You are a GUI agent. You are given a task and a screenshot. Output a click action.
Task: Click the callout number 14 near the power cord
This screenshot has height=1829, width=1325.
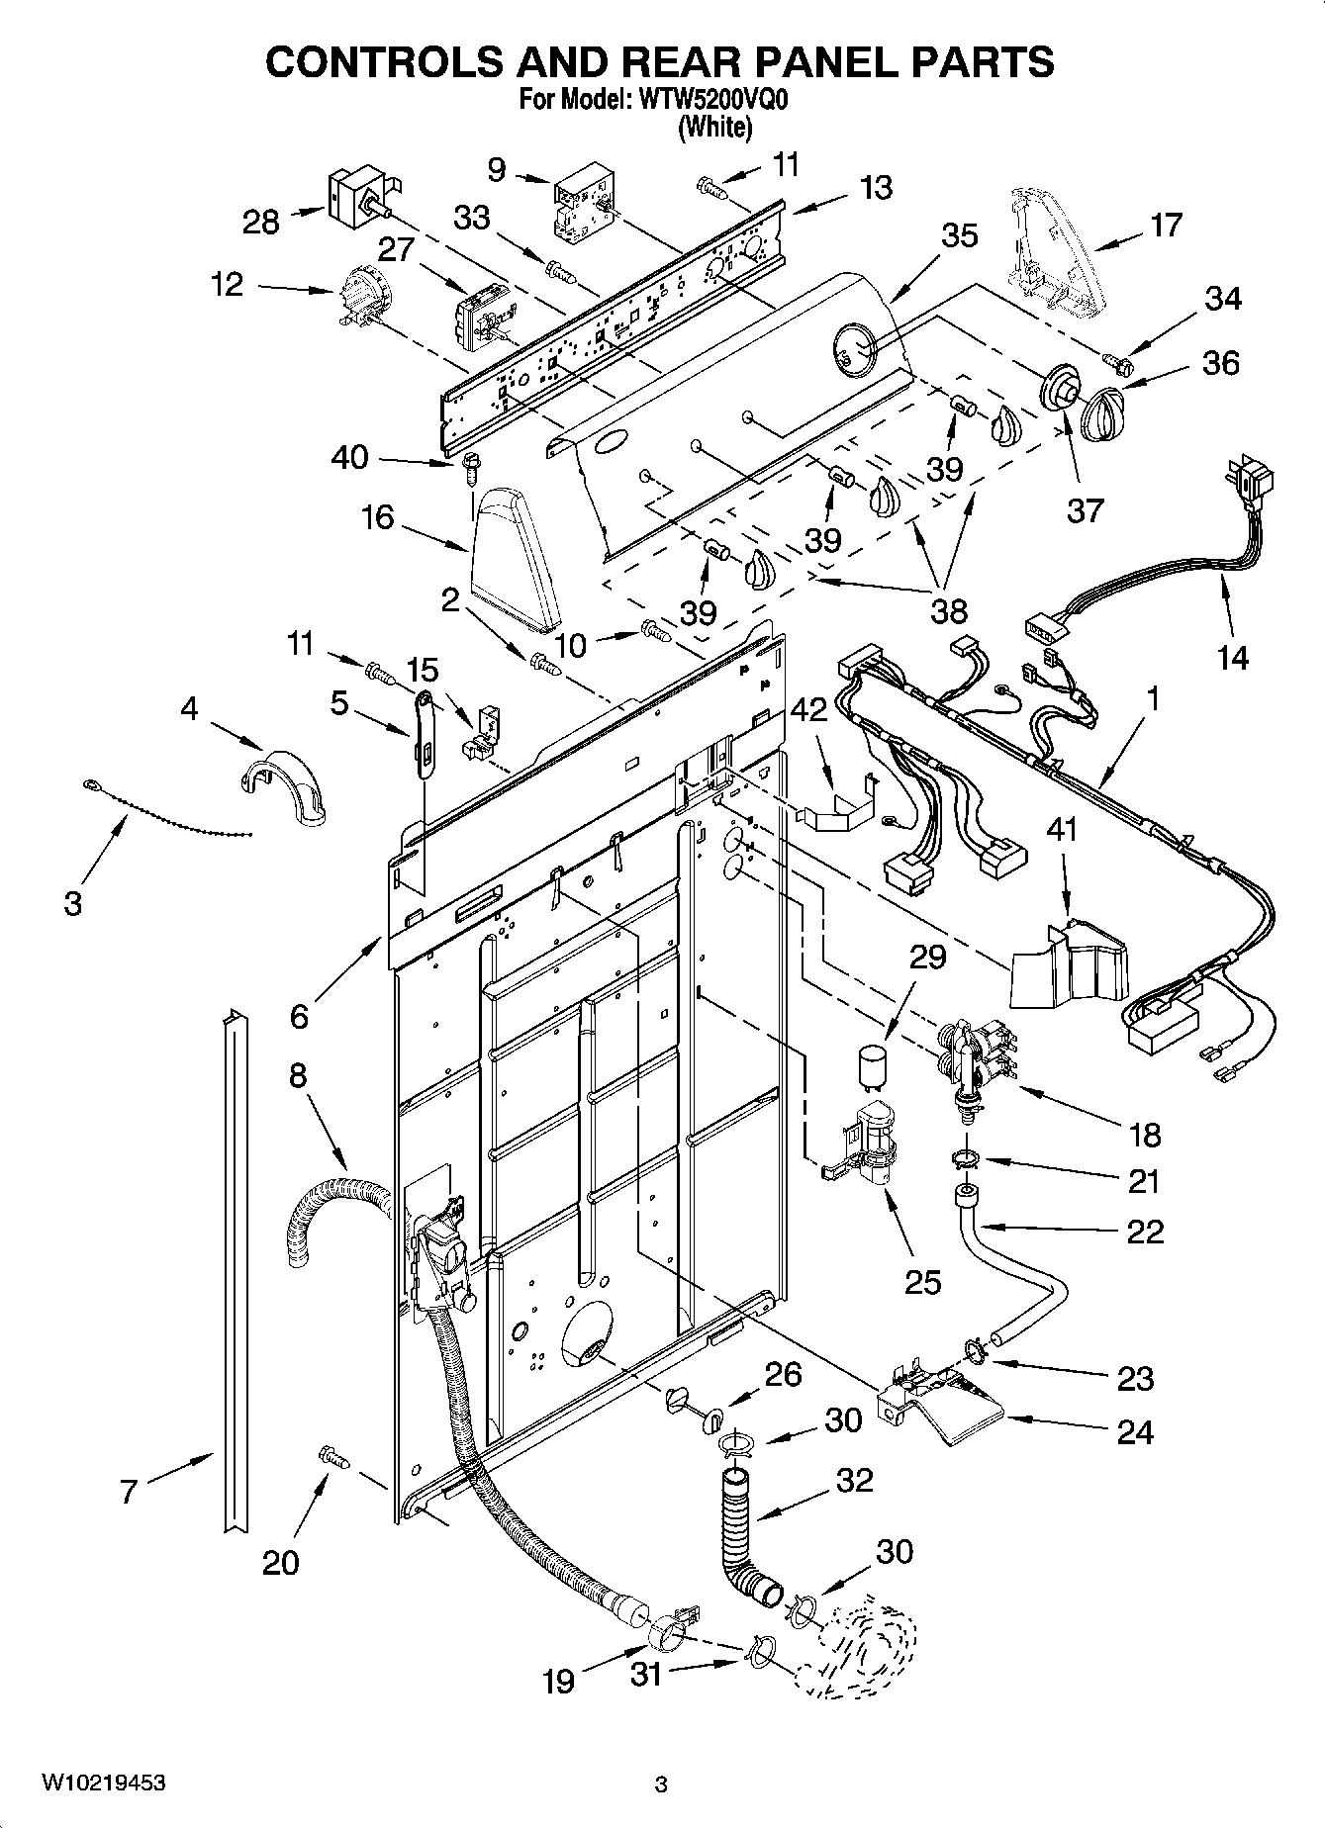[x=1232, y=656]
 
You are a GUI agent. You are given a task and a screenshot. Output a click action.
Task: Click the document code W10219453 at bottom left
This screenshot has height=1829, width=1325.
[x=103, y=1783]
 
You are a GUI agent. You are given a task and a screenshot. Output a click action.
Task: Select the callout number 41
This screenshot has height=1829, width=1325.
[x=1063, y=830]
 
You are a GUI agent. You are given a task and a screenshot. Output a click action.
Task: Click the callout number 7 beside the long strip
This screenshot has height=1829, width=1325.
[x=128, y=1492]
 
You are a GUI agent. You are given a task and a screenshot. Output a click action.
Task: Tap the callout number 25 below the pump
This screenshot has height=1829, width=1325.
[x=923, y=1282]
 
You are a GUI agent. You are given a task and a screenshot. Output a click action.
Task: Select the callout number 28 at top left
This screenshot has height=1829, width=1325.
[x=261, y=222]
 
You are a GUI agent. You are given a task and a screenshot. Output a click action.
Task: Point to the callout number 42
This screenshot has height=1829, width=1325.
[x=808, y=710]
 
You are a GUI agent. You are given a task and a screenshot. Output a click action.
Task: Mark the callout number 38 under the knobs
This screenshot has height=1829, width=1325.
[x=948, y=610]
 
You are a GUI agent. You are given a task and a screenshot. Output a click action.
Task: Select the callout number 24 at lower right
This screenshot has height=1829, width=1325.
[x=1134, y=1431]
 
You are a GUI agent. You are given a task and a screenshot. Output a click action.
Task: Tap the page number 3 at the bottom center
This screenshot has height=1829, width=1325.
[x=662, y=1784]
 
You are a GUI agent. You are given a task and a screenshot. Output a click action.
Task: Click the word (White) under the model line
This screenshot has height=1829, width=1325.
[x=714, y=127]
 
